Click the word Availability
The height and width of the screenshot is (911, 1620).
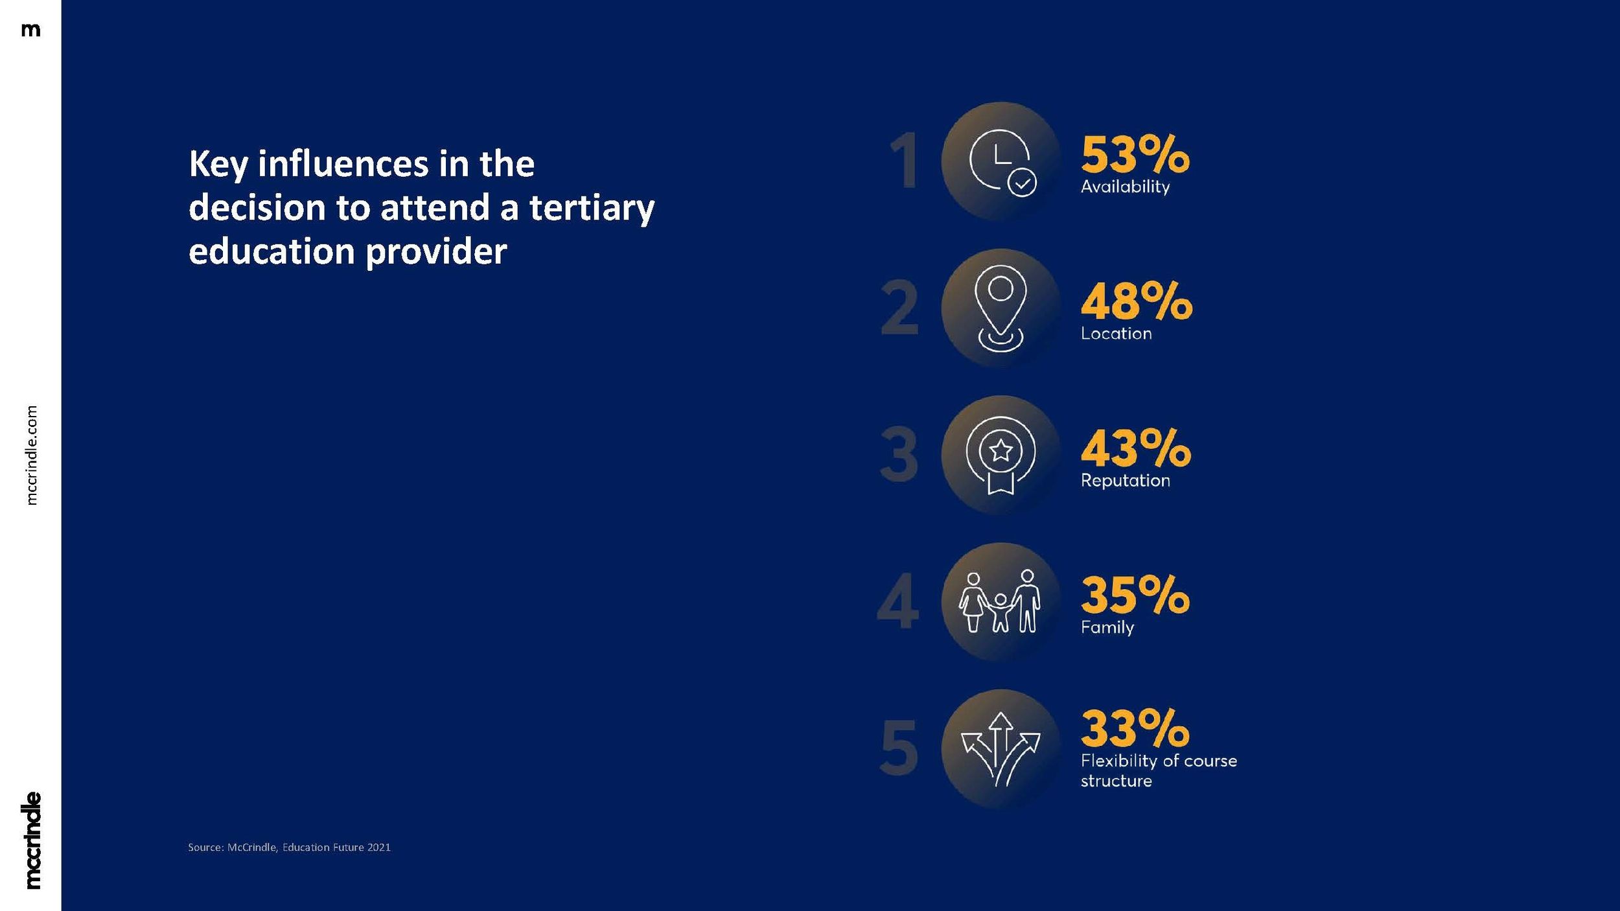[1125, 187]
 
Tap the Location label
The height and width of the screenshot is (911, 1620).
[1116, 334]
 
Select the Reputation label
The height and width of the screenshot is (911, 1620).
[1125, 481]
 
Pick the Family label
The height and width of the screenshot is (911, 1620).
[1107, 627]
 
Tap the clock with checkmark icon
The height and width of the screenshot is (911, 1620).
[1001, 161]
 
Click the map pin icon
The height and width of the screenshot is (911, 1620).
[1001, 308]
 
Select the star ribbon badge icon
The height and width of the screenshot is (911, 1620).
[1001, 455]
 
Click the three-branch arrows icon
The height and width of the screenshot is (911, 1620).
[1001, 748]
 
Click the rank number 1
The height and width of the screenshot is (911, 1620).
[903, 161]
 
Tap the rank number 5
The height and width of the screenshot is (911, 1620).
[899, 748]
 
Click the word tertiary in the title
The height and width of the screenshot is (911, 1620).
[592, 209]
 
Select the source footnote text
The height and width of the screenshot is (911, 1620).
[289, 848]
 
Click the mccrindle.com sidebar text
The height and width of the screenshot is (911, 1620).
[32, 455]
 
